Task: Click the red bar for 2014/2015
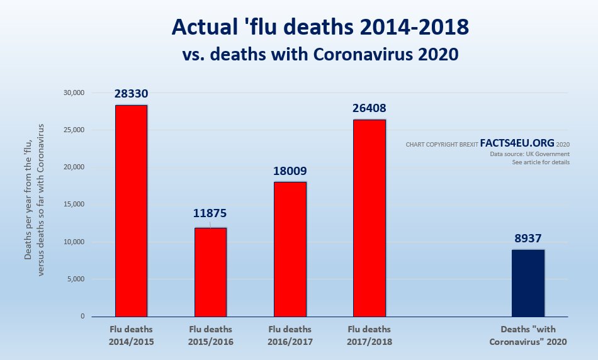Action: (131, 211)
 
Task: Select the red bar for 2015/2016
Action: (210, 272)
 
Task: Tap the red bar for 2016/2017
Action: (290, 249)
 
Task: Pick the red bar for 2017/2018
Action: (370, 218)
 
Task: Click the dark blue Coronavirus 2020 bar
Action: (527, 283)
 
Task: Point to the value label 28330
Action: (131, 94)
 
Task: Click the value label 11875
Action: (210, 213)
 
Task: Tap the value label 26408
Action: (370, 108)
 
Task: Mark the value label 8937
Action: (527, 239)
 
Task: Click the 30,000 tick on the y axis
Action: (74, 93)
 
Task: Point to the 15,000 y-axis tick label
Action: (74, 205)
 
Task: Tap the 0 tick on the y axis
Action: (82, 317)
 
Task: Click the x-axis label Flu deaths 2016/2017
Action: (290, 335)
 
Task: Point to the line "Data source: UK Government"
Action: (529, 154)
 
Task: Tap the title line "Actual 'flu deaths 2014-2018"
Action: (320, 28)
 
